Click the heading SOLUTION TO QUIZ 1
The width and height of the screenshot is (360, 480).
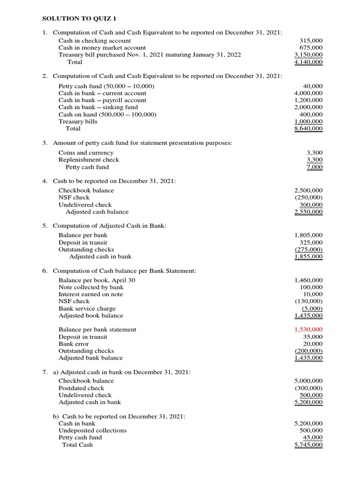pos(79,19)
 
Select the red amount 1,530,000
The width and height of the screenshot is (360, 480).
pos(308,330)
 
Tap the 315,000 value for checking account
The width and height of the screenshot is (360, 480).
pos(311,41)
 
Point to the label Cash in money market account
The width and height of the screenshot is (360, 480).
pos(102,48)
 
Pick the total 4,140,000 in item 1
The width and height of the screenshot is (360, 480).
pos(308,62)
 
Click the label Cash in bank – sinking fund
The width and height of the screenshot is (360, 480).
pos(98,107)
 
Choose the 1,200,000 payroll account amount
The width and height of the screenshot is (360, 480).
pos(308,100)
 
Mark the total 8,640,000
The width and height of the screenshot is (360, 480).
pos(308,128)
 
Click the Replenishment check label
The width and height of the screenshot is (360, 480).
pos(89,160)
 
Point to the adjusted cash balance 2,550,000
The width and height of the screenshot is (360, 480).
pos(308,212)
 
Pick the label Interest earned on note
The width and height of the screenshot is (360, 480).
pos(90,294)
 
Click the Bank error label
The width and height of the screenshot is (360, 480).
pos(74,344)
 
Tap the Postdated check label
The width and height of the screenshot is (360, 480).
pos(81,388)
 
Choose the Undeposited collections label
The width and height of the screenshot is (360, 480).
pos(92,430)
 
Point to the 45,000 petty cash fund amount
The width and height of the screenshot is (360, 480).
pos(313,437)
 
